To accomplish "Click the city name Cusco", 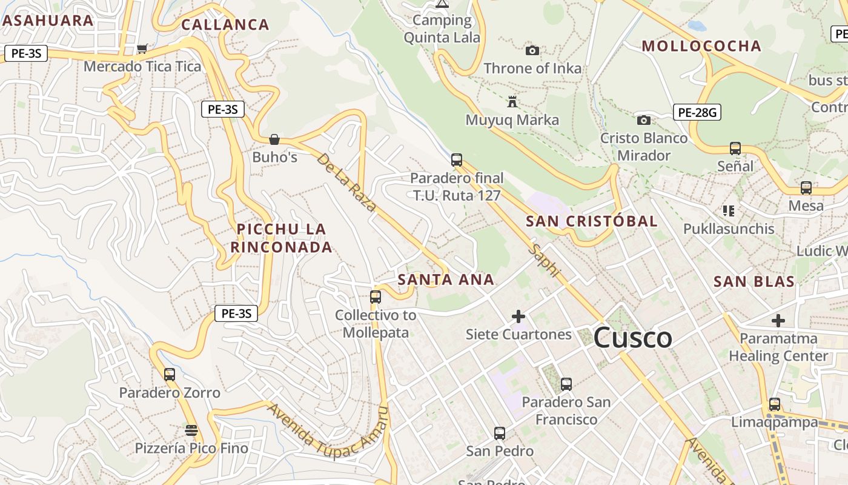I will [x=632, y=338].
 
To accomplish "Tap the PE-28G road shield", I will [x=697, y=112].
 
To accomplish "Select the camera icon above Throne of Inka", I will [x=532, y=50].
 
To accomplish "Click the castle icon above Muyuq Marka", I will [x=512, y=101].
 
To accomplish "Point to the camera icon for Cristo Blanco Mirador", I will [x=644, y=120].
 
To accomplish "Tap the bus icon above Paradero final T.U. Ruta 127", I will [x=457, y=160].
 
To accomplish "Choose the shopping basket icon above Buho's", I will [x=274, y=139].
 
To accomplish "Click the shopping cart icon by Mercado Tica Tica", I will [x=142, y=48].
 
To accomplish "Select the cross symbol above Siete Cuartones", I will [x=518, y=316].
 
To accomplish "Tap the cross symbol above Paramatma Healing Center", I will [x=778, y=320].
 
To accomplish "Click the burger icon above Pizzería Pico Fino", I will [x=191, y=430].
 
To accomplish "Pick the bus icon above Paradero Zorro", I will [x=170, y=374].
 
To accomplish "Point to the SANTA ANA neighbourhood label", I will [x=446, y=279].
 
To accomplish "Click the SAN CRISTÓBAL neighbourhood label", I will [x=592, y=221].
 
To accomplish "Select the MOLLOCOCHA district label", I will [x=701, y=46].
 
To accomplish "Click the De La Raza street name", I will [x=346, y=182].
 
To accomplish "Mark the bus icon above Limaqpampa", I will [x=774, y=404].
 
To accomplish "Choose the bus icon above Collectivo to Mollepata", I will [x=376, y=296].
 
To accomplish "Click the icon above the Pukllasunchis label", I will [x=728, y=211].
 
